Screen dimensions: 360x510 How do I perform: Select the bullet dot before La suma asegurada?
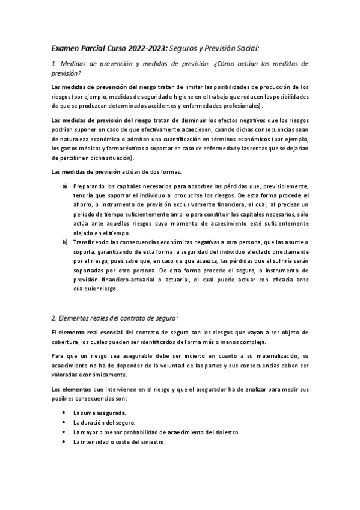point(64,413)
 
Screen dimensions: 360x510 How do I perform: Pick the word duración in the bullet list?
point(94,423)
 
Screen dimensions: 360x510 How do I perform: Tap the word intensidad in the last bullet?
point(94,442)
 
